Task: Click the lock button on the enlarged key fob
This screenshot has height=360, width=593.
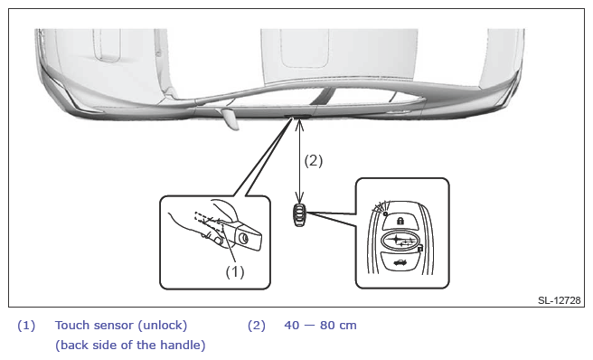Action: (400, 221)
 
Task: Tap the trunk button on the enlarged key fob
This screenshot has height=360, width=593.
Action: (400, 261)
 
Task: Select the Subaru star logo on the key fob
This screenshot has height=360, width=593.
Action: (400, 241)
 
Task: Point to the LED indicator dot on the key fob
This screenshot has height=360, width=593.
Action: (385, 213)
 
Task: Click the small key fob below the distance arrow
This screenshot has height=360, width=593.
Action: (299, 215)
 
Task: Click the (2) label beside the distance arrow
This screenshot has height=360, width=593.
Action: (314, 160)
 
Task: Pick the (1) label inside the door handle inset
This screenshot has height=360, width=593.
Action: (235, 271)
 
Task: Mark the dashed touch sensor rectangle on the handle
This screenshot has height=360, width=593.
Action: (208, 222)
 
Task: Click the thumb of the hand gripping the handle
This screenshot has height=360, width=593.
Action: (216, 240)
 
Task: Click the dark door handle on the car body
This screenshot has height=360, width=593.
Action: (298, 116)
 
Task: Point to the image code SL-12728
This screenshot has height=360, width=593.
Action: (559, 300)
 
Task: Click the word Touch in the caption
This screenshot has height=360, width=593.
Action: (72, 325)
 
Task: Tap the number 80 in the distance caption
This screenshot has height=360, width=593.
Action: (327, 325)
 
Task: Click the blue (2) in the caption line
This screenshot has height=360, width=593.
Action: (257, 325)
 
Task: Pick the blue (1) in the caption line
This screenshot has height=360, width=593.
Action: (26, 325)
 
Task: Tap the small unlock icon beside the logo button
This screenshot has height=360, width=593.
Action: (419, 249)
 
